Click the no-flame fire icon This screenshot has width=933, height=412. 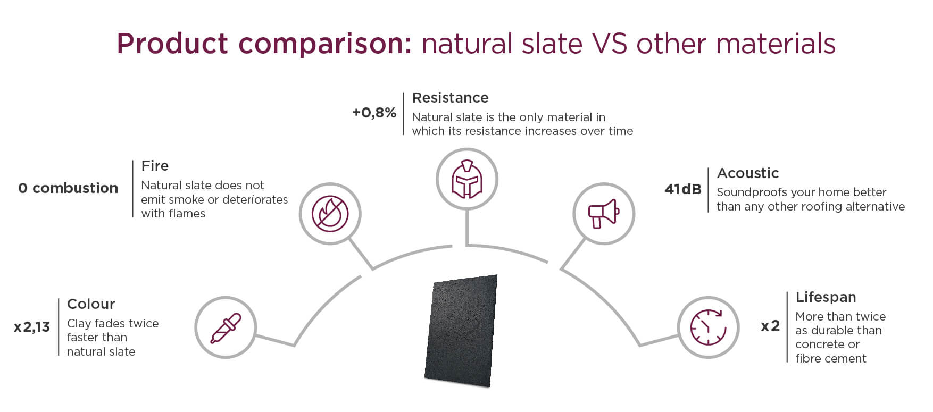pyautogui.click(x=330, y=214)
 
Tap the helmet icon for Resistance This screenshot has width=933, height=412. pyautogui.click(x=466, y=179)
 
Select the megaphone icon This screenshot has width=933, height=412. pyautogui.click(x=603, y=213)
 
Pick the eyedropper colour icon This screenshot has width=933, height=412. pyautogui.click(x=226, y=327)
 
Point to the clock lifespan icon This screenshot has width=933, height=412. pyautogui.click(x=708, y=327)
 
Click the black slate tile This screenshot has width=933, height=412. pyautogui.click(x=462, y=331)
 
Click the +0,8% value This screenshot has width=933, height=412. pyautogui.click(x=374, y=113)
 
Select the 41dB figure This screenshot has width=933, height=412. pyautogui.click(x=682, y=189)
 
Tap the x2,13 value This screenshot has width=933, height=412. pyautogui.click(x=32, y=327)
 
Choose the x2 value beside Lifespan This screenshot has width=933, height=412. pyautogui.click(x=770, y=326)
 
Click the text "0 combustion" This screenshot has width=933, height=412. pyautogui.click(x=68, y=188)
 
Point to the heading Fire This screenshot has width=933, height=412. pyautogui.click(x=155, y=166)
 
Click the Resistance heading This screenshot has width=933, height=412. pyautogui.click(x=450, y=98)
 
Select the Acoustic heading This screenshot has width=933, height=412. pyautogui.click(x=747, y=173)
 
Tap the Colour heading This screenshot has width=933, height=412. pyautogui.click(x=91, y=304)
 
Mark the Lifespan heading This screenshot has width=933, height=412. pyautogui.click(x=826, y=297)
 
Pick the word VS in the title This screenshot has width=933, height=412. pyautogui.click(x=610, y=44)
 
